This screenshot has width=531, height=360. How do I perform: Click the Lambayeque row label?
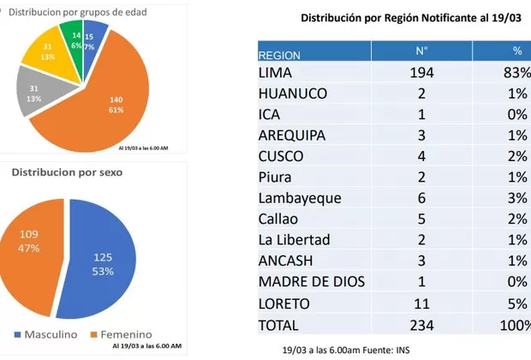300,198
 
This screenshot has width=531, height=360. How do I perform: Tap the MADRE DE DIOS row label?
313,281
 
